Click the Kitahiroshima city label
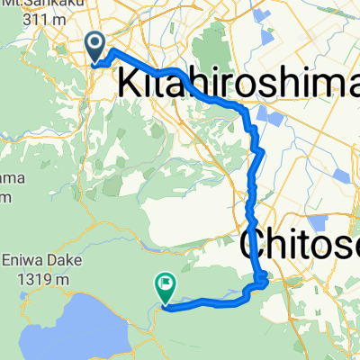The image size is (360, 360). pyautogui.click(x=238, y=85)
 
